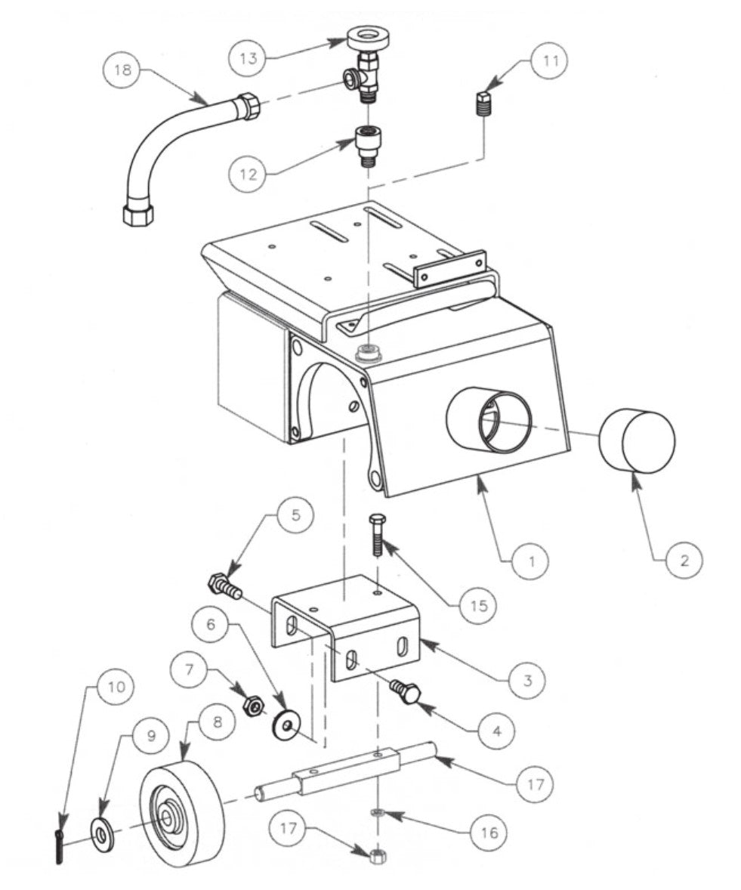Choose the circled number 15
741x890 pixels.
point(482,604)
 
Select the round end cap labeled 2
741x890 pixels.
point(637,441)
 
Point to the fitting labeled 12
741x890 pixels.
point(369,143)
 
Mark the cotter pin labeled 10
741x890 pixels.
point(59,845)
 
